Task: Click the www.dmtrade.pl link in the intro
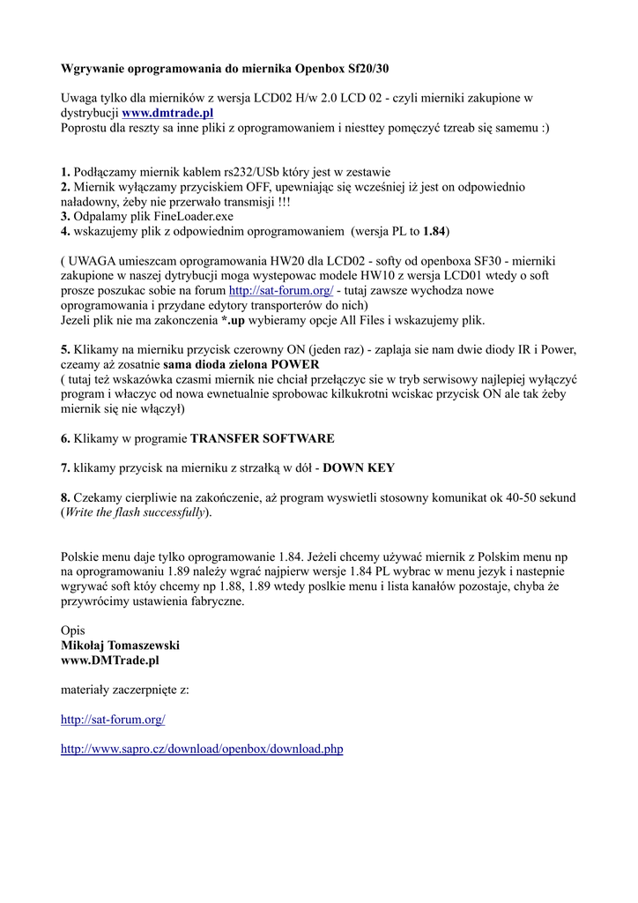coord(167,113)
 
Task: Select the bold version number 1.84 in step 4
coord(434,231)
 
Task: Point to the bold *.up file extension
coord(233,320)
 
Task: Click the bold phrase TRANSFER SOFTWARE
coord(263,438)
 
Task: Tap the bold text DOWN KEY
coord(359,468)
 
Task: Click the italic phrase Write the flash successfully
coord(135,512)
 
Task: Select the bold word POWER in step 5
coord(295,364)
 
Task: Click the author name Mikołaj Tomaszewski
coord(120,646)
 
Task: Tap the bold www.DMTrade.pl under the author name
coord(109,660)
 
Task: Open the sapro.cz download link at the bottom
coord(202,750)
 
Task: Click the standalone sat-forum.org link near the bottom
coord(113,720)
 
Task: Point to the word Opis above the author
coord(73,631)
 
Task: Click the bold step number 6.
coord(65,438)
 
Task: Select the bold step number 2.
coord(65,187)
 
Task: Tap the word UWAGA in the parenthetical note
coord(94,261)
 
